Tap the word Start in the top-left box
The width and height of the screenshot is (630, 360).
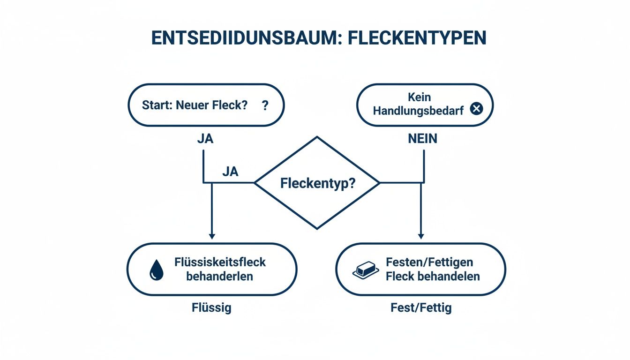coord(157,105)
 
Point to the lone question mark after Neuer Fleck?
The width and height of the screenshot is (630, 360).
coord(265,105)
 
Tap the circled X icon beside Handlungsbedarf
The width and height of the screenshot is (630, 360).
coord(476,109)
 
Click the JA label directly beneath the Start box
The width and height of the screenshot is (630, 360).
coord(205,139)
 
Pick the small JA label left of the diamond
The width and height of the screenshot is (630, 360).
coord(230,172)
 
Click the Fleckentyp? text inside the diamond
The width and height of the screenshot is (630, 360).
coord(318,183)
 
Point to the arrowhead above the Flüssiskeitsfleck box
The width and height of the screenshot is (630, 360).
coord(212,236)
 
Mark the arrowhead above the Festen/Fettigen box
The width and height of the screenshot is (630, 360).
coord(421,236)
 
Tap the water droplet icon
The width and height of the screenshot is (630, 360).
coord(156,271)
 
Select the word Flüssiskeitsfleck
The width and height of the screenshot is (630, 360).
coord(220,262)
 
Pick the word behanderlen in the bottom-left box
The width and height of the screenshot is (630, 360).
coord(219,276)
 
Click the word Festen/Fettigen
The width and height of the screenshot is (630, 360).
coord(429,262)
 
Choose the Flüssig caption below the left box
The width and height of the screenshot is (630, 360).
coord(211,308)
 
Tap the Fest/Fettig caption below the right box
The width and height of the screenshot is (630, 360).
coord(421,308)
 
